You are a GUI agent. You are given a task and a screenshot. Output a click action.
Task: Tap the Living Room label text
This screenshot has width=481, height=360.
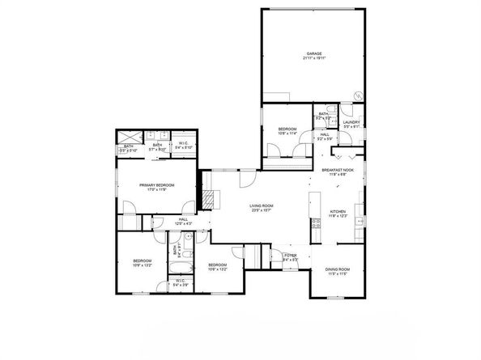coord(262,205)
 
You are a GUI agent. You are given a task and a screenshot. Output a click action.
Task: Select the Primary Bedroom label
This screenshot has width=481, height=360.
coord(157,184)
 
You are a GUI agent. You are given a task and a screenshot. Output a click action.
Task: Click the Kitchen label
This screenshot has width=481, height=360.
coord(338,212)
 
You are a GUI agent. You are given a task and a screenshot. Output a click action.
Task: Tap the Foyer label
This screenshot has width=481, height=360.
coord(292,256)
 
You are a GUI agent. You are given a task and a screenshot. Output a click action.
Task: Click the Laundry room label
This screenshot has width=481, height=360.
coord(351,122)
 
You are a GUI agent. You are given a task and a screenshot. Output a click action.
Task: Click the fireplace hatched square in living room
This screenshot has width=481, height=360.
coord(209,197)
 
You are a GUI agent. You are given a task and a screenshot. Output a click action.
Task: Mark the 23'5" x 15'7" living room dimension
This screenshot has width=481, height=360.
coord(262,211)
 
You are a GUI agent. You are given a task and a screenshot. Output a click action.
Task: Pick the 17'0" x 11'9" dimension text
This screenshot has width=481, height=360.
coord(157,190)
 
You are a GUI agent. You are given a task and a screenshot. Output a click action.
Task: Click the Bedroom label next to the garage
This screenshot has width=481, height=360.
coord(288,129)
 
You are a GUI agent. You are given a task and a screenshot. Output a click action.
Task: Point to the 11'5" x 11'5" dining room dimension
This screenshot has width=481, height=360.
coord(338,274)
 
